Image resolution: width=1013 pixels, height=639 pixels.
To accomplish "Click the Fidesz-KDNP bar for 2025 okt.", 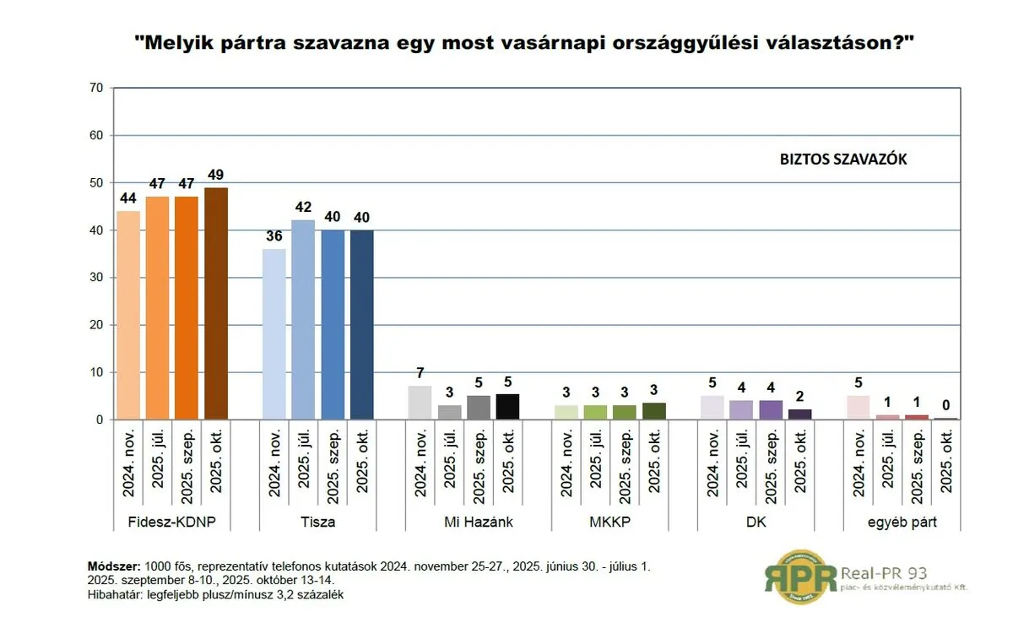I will click(216, 303).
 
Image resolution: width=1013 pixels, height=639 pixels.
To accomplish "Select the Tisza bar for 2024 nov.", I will click(274, 333).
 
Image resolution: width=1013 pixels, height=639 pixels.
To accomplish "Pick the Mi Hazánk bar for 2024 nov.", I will click(420, 403).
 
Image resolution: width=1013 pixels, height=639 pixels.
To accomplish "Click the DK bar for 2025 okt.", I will click(799, 414).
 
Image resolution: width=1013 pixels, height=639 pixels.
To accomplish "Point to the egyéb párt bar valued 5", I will click(859, 407).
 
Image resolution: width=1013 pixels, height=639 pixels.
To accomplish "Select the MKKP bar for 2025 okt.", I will click(653, 411).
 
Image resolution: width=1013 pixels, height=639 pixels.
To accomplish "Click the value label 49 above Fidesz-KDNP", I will click(216, 175).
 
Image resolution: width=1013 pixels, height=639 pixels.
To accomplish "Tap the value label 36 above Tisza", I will click(274, 236).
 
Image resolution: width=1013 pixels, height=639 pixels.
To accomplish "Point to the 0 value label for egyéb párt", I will click(945, 405).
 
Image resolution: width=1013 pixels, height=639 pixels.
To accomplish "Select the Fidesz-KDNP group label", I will click(172, 522).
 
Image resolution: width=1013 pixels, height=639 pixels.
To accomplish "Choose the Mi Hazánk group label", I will click(479, 522).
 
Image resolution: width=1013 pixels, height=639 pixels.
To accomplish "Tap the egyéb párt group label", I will click(902, 522).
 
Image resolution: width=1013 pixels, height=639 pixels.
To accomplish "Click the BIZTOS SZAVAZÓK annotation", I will click(843, 158).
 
